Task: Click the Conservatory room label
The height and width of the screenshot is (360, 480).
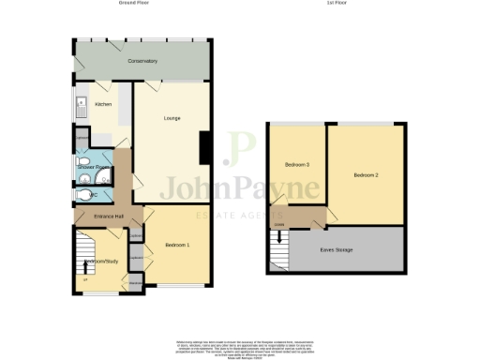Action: pos(143,62)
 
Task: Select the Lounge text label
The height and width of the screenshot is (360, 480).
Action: pos(172,118)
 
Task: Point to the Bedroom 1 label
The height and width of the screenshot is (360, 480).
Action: pos(177,245)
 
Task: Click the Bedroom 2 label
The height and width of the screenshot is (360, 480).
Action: pos(366,175)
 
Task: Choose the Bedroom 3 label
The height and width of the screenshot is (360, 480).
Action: pos(297,165)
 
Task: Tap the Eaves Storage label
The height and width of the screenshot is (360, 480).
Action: pos(335,250)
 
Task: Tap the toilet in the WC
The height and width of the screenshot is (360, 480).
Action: pos(88,195)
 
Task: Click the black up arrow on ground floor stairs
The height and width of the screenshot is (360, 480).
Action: pos(86,269)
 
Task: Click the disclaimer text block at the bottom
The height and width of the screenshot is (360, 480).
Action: pos(240,346)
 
